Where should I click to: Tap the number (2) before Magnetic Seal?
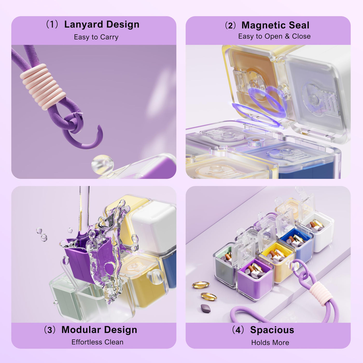click(x=230, y=25)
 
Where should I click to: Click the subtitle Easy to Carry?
click(x=96, y=37)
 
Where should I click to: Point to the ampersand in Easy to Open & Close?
click(x=287, y=36)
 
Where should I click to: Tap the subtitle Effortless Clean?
click(x=97, y=342)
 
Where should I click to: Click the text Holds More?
click(x=270, y=343)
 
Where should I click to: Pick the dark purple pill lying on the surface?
click(x=206, y=308)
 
